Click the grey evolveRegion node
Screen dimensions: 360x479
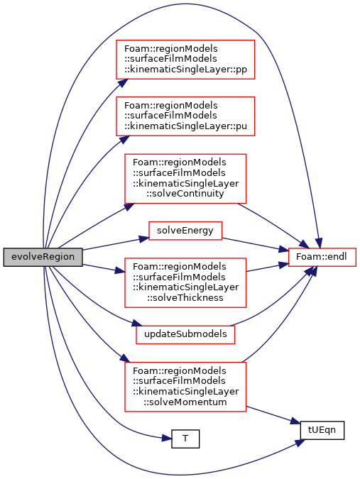[x=43, y=257]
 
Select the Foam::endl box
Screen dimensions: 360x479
[x=322, y=257]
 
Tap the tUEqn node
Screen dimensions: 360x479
[x=322, y=430]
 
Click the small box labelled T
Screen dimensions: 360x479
[x=185, y=439]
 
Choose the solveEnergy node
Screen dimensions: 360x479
[x=185, y=231]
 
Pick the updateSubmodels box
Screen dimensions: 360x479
[x=185, y=334]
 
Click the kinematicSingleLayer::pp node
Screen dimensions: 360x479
[x=185, y=60]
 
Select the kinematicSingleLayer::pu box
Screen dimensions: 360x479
[x=185, y=116]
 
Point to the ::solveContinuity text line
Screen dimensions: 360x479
[x=185, y=193]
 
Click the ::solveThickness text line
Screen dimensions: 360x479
[x=185, y=297]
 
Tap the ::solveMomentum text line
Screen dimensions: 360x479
[x=185, y=402]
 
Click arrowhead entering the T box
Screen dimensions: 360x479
[x=167, y=439]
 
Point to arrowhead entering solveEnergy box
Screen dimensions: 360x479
[x=144, y=238]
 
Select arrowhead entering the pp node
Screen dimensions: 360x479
[x=122, y=83]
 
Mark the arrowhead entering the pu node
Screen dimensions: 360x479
[x=124, y=139]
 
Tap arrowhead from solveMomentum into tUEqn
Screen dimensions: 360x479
[x=295, y=422]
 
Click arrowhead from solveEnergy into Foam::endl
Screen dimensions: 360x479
[x=284, y=250]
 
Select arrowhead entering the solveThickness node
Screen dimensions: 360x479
[x=120, y=271]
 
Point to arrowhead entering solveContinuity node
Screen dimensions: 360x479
[x=129, y=207]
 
